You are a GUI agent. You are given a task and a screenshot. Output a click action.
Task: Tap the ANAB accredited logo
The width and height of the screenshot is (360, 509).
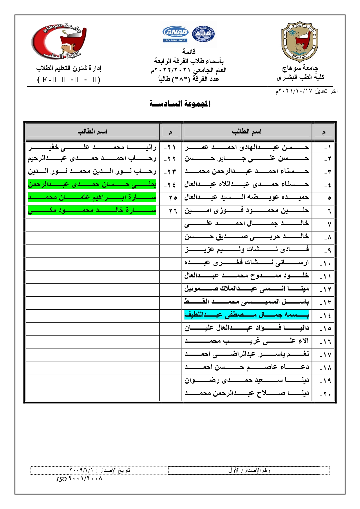click(x=176, y=34)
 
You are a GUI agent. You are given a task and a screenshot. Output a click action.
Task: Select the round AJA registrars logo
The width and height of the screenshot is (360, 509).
click(x=203, y=34)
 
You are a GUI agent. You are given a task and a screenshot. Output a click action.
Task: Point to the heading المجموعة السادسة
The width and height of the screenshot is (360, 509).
click(x=180, y=104)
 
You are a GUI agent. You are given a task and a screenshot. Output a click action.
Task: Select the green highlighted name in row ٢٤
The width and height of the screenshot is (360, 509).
click(x=92, y=184)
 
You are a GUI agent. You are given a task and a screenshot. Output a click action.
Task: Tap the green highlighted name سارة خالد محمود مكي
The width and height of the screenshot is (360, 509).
click(x=92, y=210)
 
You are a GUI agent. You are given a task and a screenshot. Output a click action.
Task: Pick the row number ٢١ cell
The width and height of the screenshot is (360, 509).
click(x=170, y=147)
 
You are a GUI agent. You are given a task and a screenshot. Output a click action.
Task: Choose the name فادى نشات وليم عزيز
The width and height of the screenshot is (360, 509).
click(x=246, y=249)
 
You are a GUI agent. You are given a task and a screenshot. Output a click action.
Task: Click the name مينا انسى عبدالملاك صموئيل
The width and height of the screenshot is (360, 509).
click(x=246, y=288)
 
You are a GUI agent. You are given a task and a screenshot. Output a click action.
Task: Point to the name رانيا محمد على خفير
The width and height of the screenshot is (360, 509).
click(x=92, y=147)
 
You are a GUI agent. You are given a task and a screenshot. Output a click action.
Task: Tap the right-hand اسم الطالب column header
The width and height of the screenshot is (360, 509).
click(x=246, y=131)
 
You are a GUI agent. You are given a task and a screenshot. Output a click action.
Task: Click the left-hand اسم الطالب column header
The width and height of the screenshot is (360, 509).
click(x=92, y=131)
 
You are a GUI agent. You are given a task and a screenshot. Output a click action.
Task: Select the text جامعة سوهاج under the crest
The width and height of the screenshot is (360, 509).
click(x=300, y=68)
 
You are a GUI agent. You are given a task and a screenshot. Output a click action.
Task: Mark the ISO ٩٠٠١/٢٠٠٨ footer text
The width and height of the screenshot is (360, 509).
click(x=79, y=479)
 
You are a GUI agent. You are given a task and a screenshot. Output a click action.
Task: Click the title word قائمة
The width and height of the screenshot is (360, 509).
click(x=189, y=52)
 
